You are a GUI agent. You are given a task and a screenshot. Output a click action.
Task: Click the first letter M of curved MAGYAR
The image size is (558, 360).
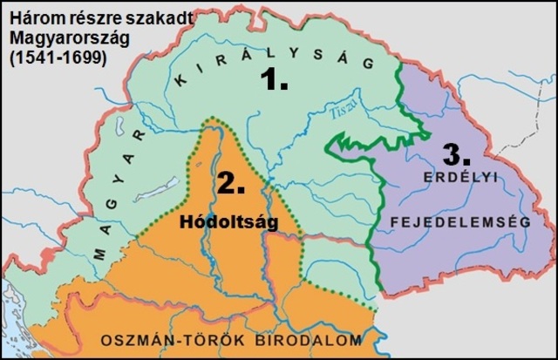pyautogui.click(x=99, y=254)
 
